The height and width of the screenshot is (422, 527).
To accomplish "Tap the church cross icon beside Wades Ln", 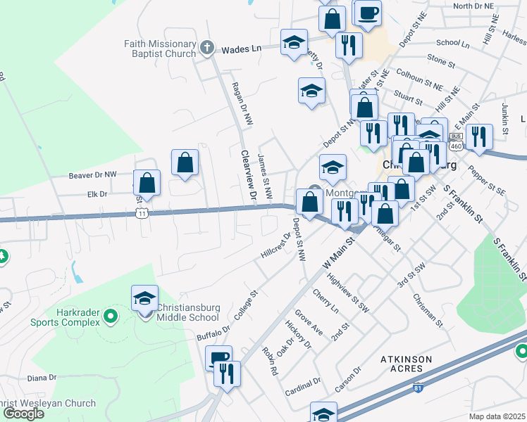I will tap(206, 48).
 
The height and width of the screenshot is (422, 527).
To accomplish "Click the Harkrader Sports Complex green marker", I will tap(110, 317).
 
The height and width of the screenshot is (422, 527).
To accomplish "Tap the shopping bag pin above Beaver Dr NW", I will tap(185, 163).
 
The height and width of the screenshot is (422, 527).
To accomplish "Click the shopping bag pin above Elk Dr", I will tap(147, 184).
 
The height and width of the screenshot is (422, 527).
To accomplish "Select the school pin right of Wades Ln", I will tap(294, 43).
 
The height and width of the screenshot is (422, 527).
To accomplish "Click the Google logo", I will tap(23, 414).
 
